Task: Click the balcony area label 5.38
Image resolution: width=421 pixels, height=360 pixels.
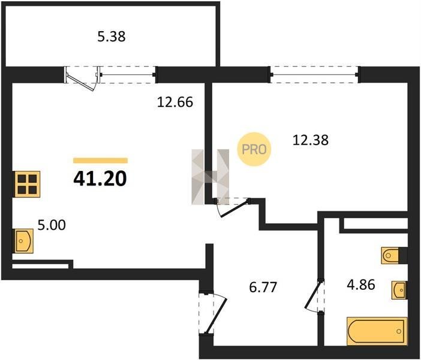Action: click(x=111, y=37)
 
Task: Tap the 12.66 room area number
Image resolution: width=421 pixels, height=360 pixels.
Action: click(x=175, y=103)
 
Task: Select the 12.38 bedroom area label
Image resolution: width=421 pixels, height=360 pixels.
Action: click(x=311, y=140)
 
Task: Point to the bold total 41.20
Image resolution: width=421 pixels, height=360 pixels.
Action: click(x=100, y=179)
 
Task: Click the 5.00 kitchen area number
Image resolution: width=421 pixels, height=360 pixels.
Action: click(x=52, y=225)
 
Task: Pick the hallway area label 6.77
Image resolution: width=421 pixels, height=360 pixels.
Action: click(x=263, y=287)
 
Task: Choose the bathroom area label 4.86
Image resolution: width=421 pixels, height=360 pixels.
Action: click(x=361, y=285)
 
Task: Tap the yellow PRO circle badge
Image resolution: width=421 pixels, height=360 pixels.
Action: click(x=254, y=149)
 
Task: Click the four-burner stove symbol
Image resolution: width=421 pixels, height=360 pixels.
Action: click(x=27, y=184)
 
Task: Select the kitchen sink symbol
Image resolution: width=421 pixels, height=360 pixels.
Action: click(x=23, y=241)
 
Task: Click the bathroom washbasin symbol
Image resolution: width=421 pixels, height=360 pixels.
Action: click(x=399, y=290)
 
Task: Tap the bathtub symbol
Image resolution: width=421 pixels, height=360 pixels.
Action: click(x=377, y=331)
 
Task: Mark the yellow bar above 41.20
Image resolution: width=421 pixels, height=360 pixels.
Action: click(x=100, y=161)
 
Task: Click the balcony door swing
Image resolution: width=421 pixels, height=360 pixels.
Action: click(x=81, y=83)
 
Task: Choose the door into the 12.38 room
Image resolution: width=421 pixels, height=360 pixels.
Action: click(x=233, y=208)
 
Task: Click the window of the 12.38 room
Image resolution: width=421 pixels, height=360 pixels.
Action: click(x=314, y=74)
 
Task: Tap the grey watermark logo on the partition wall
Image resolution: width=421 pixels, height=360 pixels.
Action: click(x=210, y=177)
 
